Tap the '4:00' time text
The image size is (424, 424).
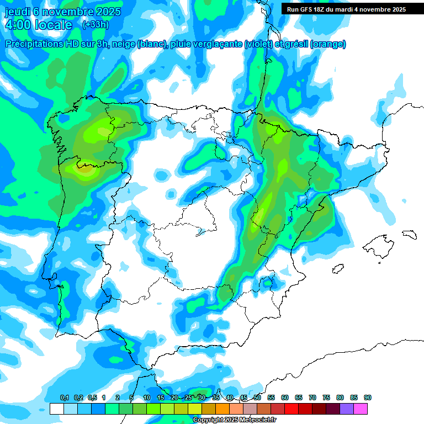[18, 25]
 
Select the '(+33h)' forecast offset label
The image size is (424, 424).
[95, 24]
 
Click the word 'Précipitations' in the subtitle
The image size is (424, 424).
[34, 44]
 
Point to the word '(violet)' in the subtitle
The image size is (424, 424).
[258, 44]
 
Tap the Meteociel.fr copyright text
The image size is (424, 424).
[235, 420]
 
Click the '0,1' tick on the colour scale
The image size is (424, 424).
[64, 397]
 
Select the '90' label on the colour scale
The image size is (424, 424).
[368, 397]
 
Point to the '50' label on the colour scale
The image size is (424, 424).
[257, 397]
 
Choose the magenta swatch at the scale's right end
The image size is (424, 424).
[361, 409]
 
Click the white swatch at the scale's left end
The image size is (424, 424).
[56, 409]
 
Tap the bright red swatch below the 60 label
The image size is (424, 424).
[291, 409]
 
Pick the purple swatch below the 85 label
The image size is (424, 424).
[347, 409]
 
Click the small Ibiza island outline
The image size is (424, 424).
[338, 269]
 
